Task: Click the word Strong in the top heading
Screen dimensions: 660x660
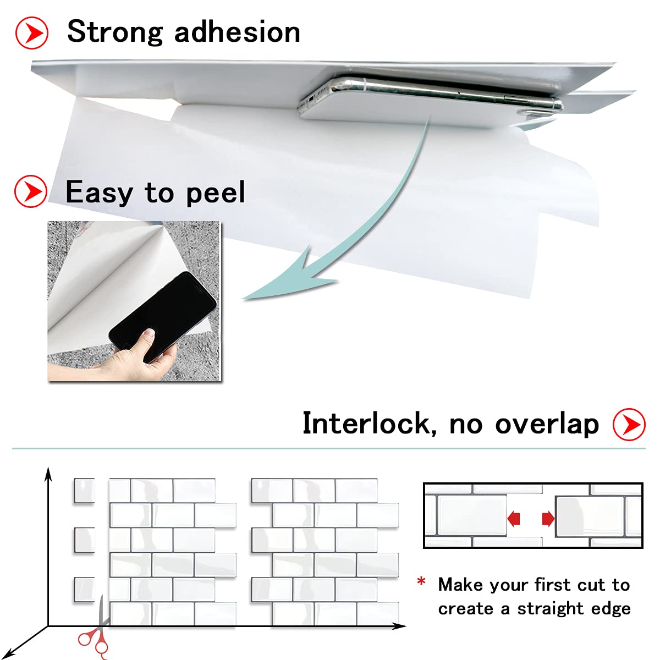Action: [x=115, y=32]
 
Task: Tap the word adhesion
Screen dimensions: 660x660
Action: [x=237, y=31]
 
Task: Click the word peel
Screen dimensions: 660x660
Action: [x=216, y=193]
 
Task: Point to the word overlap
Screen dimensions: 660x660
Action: [x=547, y=425]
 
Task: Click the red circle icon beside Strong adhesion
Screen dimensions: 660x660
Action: [x=32, y=33]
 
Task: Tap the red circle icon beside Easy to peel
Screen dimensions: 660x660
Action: [x=31, y=191]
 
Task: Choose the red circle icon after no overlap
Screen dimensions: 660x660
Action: [x=629, y=425]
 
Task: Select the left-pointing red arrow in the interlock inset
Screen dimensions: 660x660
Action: [x=514, y=518]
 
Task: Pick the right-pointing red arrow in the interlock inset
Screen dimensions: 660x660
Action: [x=548, y=518]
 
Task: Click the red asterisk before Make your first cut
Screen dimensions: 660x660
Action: [x=421, y=581]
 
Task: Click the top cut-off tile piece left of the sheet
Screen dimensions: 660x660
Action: [x=84, y=491]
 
